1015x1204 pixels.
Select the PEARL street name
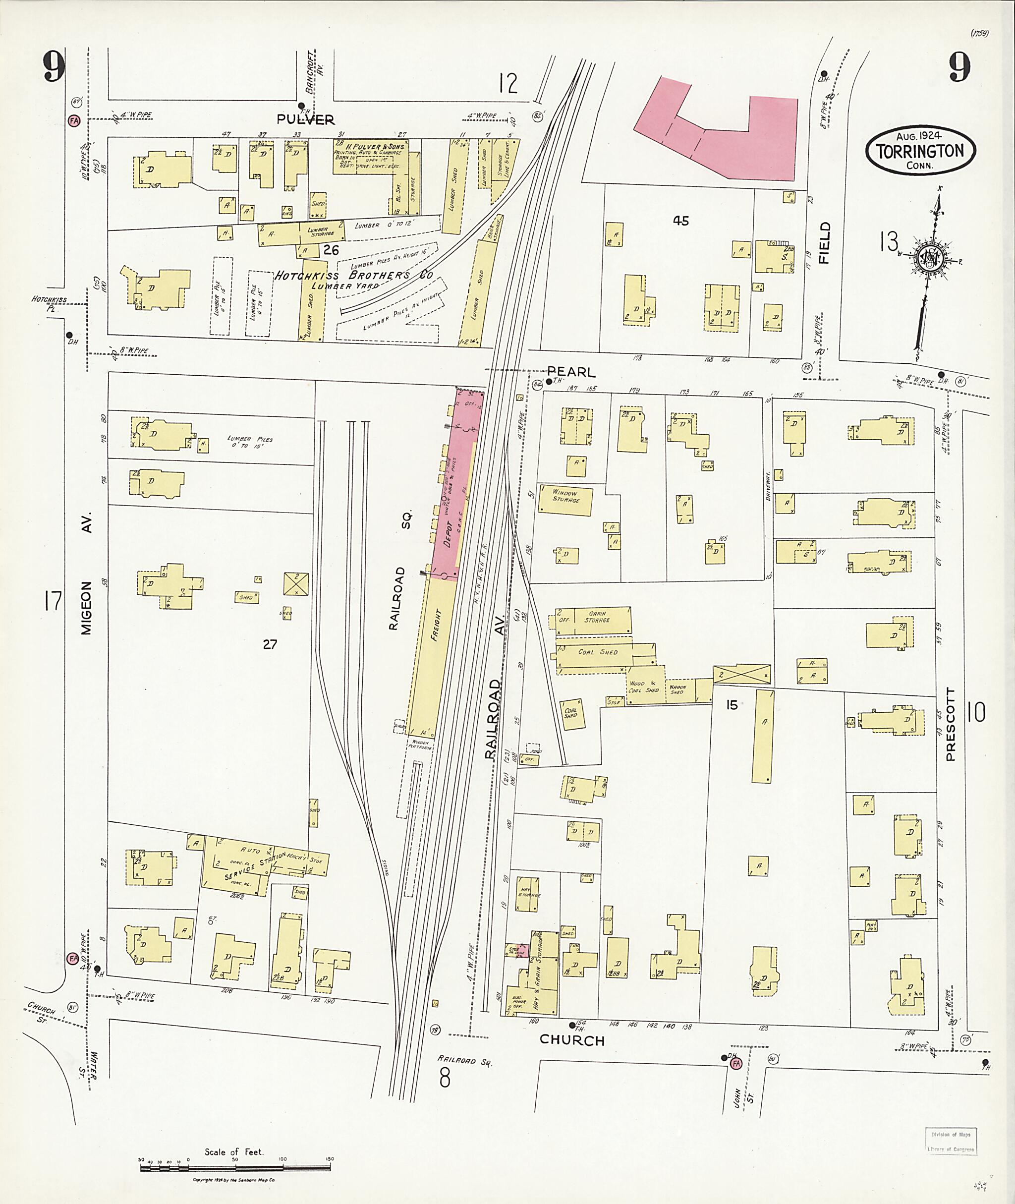coord(571,372)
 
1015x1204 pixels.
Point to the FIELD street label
coord(825,242)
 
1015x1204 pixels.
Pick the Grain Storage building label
coord(596,618)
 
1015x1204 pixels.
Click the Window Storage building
coord(565,497)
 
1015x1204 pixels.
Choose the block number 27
coord(270,644)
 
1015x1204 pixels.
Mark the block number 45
coord(680,221)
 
